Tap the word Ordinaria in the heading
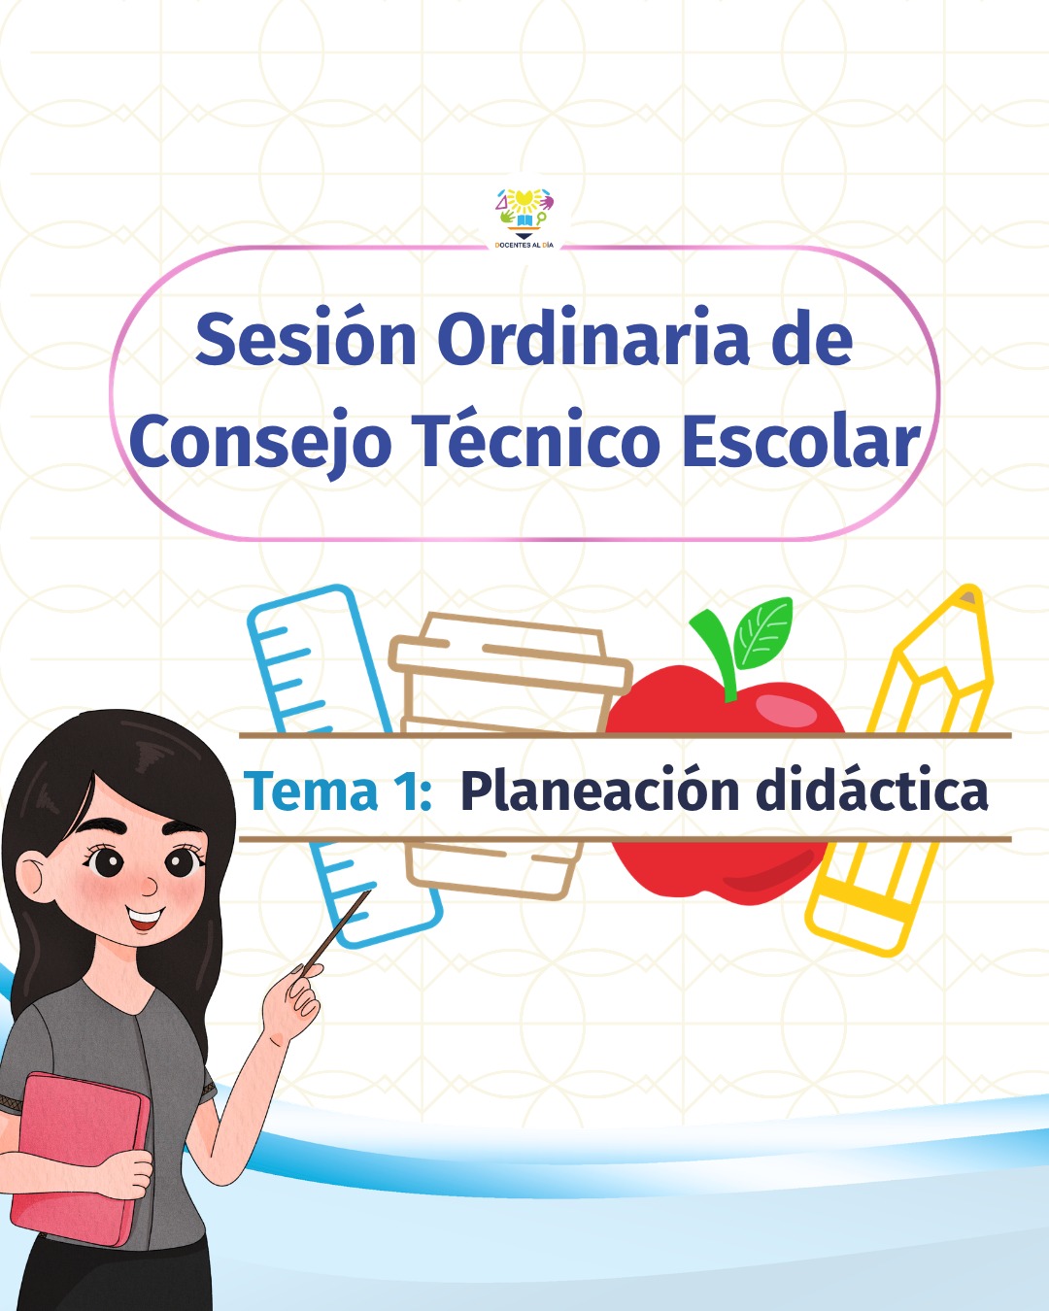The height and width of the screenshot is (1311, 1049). click(x=593, y=340)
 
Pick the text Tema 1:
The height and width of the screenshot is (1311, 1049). click(x=337, y=790)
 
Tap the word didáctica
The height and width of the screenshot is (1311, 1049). click(x=871, y=790)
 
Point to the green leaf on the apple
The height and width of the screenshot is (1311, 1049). click(x=764, y=632)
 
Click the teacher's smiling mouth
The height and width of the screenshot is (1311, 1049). click(x=145, y=918)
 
